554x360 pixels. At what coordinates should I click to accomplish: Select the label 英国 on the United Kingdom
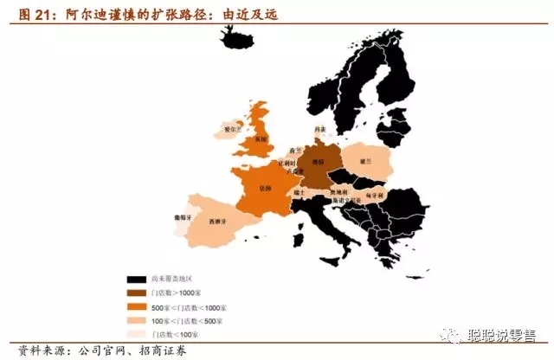click(x=262, y=139)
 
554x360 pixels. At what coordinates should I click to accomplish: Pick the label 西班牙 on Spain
click(x=222, y=221)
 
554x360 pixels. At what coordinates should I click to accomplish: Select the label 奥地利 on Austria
click(x=343, y=192)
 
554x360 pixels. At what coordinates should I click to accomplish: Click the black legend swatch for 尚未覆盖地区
click(x=136, y=280)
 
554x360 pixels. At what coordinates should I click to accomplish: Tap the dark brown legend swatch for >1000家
click(x=136, y=293)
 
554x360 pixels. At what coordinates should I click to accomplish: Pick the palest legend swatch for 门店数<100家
click(x=136, y=334)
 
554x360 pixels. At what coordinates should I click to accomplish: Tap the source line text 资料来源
click(x=31, y=350)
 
